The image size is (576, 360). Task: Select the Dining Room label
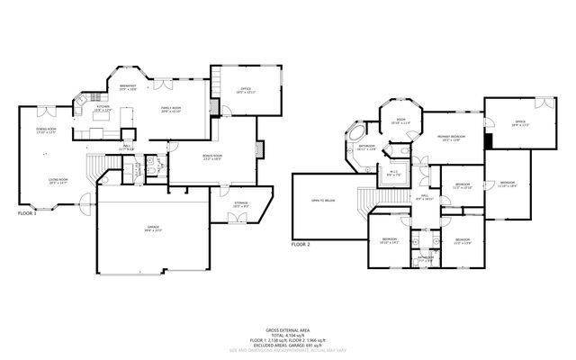47,131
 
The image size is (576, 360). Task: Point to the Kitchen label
103,108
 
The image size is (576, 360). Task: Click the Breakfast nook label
128,87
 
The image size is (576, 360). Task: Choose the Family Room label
171,110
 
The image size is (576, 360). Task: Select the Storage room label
241,205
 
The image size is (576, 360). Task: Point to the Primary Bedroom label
451,137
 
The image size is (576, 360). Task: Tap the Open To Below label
322,201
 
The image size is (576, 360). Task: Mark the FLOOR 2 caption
301,244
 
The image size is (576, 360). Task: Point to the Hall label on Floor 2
424,195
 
